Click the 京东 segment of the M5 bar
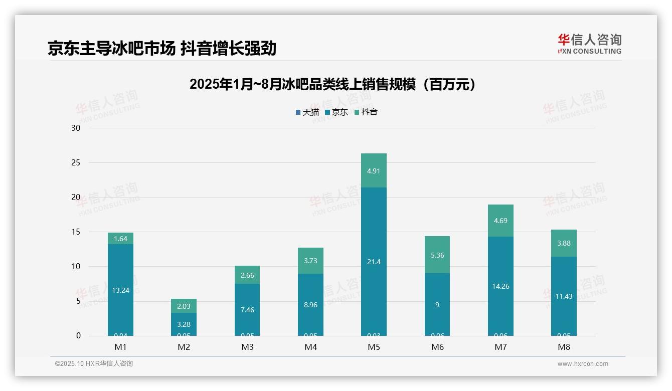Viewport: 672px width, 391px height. click(374, 241)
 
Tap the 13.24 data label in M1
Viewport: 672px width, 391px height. click(120, 290)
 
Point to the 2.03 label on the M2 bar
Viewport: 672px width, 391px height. click(184, 306)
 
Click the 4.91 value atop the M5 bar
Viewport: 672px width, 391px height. click(374, 171)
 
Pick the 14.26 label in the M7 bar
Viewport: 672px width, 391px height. click(500, 287)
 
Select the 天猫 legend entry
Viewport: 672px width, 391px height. click(307, 112)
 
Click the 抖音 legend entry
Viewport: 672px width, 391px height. click(366, 112)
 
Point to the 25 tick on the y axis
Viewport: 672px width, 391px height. click(76, 163)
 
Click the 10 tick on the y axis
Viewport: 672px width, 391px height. click(76, 267)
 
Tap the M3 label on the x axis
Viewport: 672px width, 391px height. click(247, 347)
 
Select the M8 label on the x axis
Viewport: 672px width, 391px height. click(564, 347)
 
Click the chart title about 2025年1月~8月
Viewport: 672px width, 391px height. click(332, 85)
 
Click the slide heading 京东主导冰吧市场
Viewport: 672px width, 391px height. click(162, 49)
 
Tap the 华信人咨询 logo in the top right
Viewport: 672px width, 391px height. click(589, 44)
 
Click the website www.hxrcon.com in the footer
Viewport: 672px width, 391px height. click(583, 364)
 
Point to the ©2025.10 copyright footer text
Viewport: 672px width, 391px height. click(94, 364)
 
